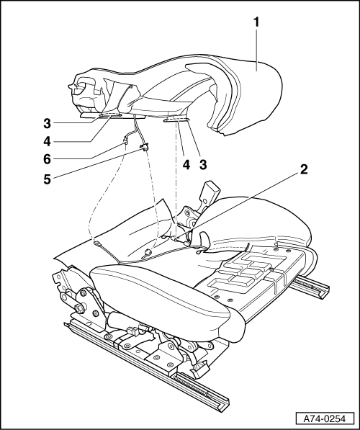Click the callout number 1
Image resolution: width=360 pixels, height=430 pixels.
coord(256,22)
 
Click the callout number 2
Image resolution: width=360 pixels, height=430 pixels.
coord(303,169)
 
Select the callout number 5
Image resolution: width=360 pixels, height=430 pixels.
coord(47,179)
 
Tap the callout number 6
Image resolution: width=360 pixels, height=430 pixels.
coord(47,160)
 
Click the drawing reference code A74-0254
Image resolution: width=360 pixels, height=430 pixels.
coord(325,418)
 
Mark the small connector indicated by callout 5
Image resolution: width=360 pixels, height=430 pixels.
coord(144,147)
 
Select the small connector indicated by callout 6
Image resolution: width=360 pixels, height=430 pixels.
coord(125,141)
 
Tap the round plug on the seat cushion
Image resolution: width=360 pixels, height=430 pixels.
coord(148,252)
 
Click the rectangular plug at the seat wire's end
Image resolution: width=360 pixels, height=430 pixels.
coord(96,243)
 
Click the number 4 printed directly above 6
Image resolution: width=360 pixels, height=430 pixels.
coord(47,142)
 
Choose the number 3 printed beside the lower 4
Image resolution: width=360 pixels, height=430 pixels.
coord(203,164)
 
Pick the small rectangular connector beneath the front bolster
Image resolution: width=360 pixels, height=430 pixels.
coord(134,330)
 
